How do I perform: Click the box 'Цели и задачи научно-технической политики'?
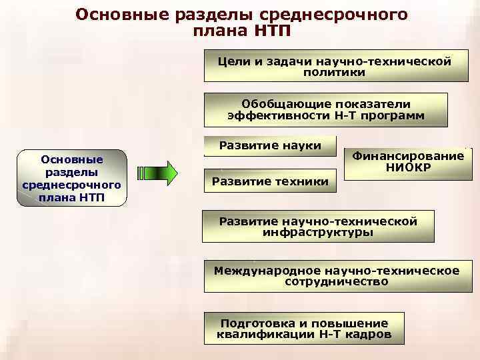tap(335, 67)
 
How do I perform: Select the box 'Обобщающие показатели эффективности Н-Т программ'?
tap(326, 110)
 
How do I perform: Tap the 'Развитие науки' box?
tap(270, 146)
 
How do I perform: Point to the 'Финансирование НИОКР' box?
tap(408, 162)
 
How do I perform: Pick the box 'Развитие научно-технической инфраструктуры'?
tap(318, 227)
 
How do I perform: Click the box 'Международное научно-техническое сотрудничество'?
tap(336, 276)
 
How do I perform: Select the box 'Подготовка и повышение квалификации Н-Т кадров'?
tap(304, 328)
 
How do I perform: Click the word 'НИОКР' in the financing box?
tap(408, 168)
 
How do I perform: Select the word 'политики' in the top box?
tap(335, 73)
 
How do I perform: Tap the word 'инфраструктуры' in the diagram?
tap(318, 233)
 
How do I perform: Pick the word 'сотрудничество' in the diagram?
tap(336, 282)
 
